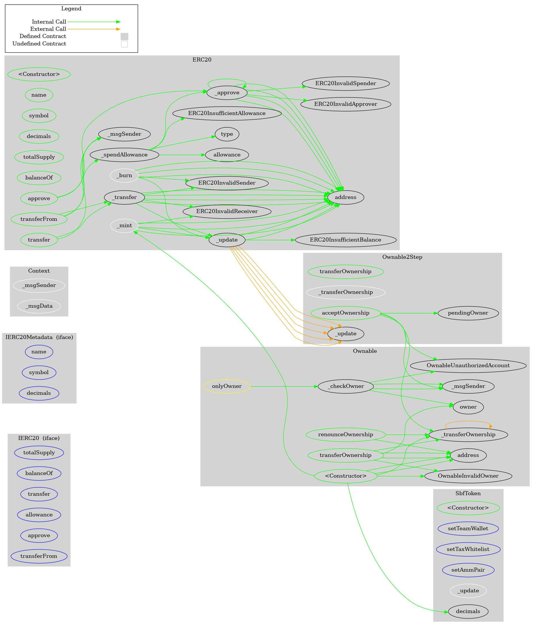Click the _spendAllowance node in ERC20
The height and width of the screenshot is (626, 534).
pyautogui.click(x=124, y=155)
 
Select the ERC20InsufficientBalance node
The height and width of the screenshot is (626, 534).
pyautogui.click(x=345, y=240)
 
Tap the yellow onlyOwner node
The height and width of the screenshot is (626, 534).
pyautogui.click(x=227, y=386)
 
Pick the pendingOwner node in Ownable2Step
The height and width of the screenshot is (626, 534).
pyautogui.click(x=468, y=313)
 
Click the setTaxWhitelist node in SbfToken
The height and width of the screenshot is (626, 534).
pyautogui.click(x=468, y=549)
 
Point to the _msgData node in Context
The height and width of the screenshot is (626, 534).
pyautogui.click(x=39, y=306)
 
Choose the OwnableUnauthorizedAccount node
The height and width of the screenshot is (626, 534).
pyautogui.click(x=468, y=365)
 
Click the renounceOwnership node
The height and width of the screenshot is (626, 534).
pyautogui.click(x=345, y=434)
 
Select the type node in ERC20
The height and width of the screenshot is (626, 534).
pyautogui.click(x=227, y=134)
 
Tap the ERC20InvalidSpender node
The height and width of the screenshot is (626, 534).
pyautogui.click(x=345, y=83)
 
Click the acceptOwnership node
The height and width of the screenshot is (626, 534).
pyautogui.click(x=345, y=313)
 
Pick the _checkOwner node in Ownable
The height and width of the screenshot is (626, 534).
pyautogui.click(x=345, y=386)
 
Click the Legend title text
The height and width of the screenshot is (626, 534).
pyautogui.click(x=71, y=9)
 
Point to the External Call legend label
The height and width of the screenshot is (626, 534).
pyautogui.click(x=48, y=29)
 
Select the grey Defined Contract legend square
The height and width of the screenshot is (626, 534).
pyautogui.click(x=124, y=37)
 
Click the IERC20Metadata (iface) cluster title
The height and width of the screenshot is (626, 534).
pyautogui.click(x=39, y=338)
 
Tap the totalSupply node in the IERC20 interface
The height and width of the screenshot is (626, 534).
pyautogui.click(x=39, y=453)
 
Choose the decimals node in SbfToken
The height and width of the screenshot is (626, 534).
pyautogui.click(x=468, y=612)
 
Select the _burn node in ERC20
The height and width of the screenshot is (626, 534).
pyautogui.click(x=124, y=175)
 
